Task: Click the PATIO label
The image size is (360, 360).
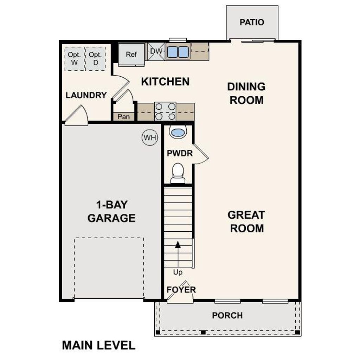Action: (252, 22)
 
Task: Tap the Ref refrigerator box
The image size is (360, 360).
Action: (131, 54)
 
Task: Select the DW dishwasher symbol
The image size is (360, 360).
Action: (156, 51)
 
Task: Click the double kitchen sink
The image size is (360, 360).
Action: (178, 52)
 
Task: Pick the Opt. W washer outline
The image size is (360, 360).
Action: (75, 59)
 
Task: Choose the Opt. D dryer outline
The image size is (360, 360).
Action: (95, 59)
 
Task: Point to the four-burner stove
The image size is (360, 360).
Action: (165, 111)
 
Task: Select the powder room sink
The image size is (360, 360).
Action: (178, 133)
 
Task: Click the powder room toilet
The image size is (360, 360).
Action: (178, 173)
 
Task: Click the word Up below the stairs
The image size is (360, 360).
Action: (178, 272)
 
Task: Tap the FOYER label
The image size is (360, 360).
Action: (181, 290)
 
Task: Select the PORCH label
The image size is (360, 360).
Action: (227, 315)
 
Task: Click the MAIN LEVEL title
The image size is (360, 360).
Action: (99, 345)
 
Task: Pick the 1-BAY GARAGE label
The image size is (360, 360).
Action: (111, 211)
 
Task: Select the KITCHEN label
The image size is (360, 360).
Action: (165, 82)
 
